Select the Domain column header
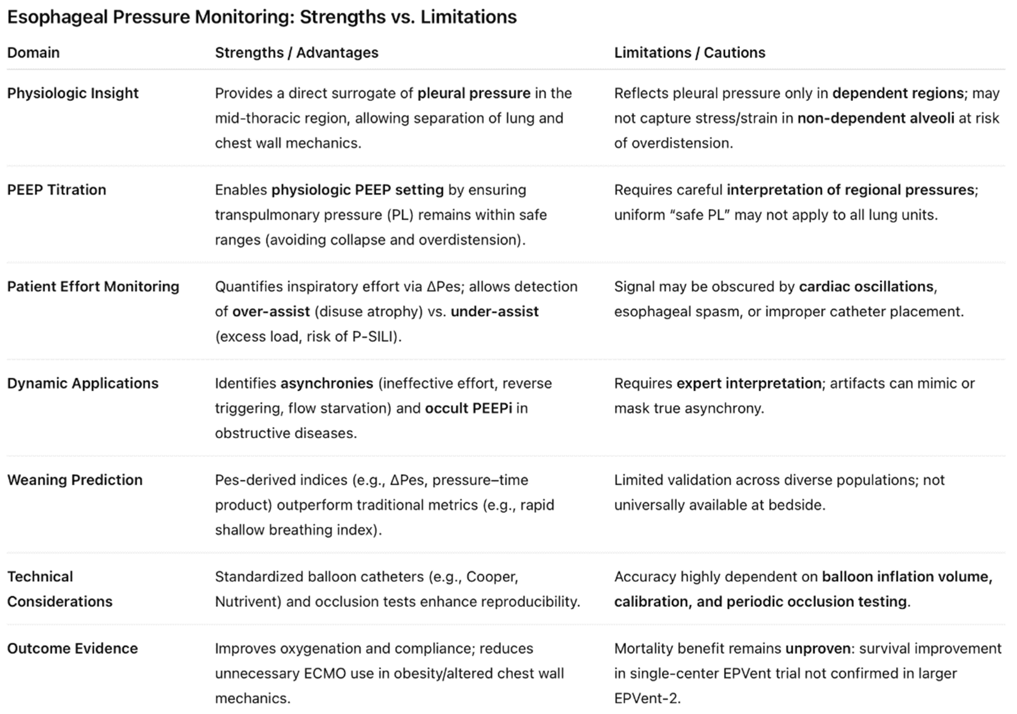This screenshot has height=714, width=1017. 33,53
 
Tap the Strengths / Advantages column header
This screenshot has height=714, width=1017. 296,53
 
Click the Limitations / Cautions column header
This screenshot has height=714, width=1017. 689,53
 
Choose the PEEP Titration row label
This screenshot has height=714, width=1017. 56,190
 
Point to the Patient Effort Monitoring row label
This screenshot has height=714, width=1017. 93,286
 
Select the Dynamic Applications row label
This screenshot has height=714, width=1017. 83,383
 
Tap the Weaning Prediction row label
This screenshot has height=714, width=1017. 75,480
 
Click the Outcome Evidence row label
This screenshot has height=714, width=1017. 72,648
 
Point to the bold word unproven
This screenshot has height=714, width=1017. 818,648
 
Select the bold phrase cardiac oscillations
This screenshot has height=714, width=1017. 866,286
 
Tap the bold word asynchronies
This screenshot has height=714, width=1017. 327,383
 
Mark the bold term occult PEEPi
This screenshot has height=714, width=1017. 468,408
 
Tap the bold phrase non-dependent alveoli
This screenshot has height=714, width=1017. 876,118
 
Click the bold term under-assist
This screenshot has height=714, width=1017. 494,312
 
